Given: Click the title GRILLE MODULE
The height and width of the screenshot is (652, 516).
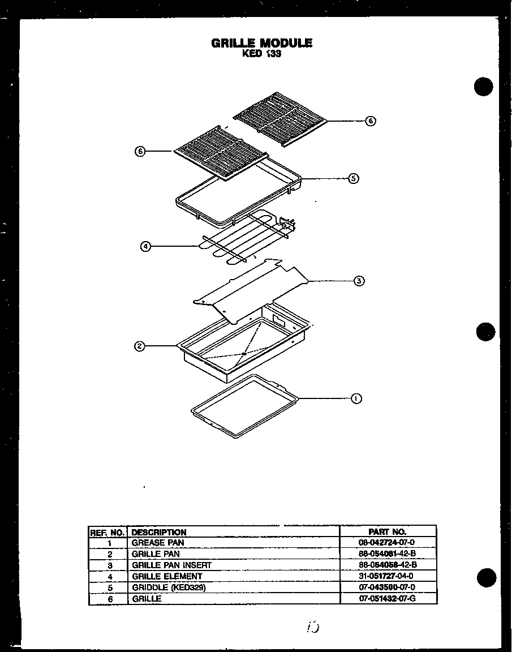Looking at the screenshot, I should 261,43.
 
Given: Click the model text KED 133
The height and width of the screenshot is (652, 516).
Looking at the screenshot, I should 261,55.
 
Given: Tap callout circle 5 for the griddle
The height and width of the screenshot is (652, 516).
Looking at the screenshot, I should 354,178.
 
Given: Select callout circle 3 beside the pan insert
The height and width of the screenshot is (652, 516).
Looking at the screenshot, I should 359,281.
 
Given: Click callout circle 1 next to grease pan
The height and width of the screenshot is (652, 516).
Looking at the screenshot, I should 356,398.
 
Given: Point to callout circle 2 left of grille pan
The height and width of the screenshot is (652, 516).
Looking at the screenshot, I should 139,346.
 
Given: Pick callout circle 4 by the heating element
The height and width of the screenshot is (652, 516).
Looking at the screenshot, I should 146,246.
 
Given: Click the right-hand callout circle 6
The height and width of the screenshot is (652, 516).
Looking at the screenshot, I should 370,121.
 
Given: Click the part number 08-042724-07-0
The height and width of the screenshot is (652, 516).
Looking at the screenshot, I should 387,543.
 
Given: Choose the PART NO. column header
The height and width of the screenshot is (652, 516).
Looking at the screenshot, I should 387,532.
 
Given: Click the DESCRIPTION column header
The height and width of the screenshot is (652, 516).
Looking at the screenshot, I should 159,532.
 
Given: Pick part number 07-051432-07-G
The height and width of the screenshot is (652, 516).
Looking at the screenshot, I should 387,598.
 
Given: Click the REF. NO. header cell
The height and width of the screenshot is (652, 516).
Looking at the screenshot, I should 107,532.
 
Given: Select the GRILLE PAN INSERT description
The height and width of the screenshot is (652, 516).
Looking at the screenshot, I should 171,565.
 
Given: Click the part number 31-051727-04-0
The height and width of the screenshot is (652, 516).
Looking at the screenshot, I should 387,576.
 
